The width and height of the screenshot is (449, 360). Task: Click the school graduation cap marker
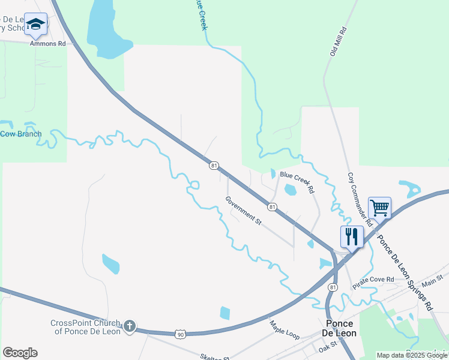[x=36, y=25]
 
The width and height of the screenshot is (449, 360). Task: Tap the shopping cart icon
[x=379, y=208]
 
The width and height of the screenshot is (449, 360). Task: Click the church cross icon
[x=130, y=327]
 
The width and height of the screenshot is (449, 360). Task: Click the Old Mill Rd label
[x=338, y=41]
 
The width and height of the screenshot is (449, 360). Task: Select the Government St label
[x=244, y=211]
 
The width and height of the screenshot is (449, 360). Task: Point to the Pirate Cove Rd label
[x=373, y=280]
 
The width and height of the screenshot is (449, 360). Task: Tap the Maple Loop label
[x=285, y=329]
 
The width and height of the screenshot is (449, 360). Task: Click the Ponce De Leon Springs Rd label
[x=405, y=271]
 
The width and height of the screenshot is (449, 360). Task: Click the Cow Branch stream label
[x=22, y=134]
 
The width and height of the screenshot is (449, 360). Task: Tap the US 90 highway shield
[x=181, y=334]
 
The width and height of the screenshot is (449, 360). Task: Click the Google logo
[x=20, y=353]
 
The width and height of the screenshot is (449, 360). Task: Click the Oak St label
[x=328, y=347]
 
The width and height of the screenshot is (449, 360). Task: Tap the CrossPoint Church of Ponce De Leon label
[x=85, y=327]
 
